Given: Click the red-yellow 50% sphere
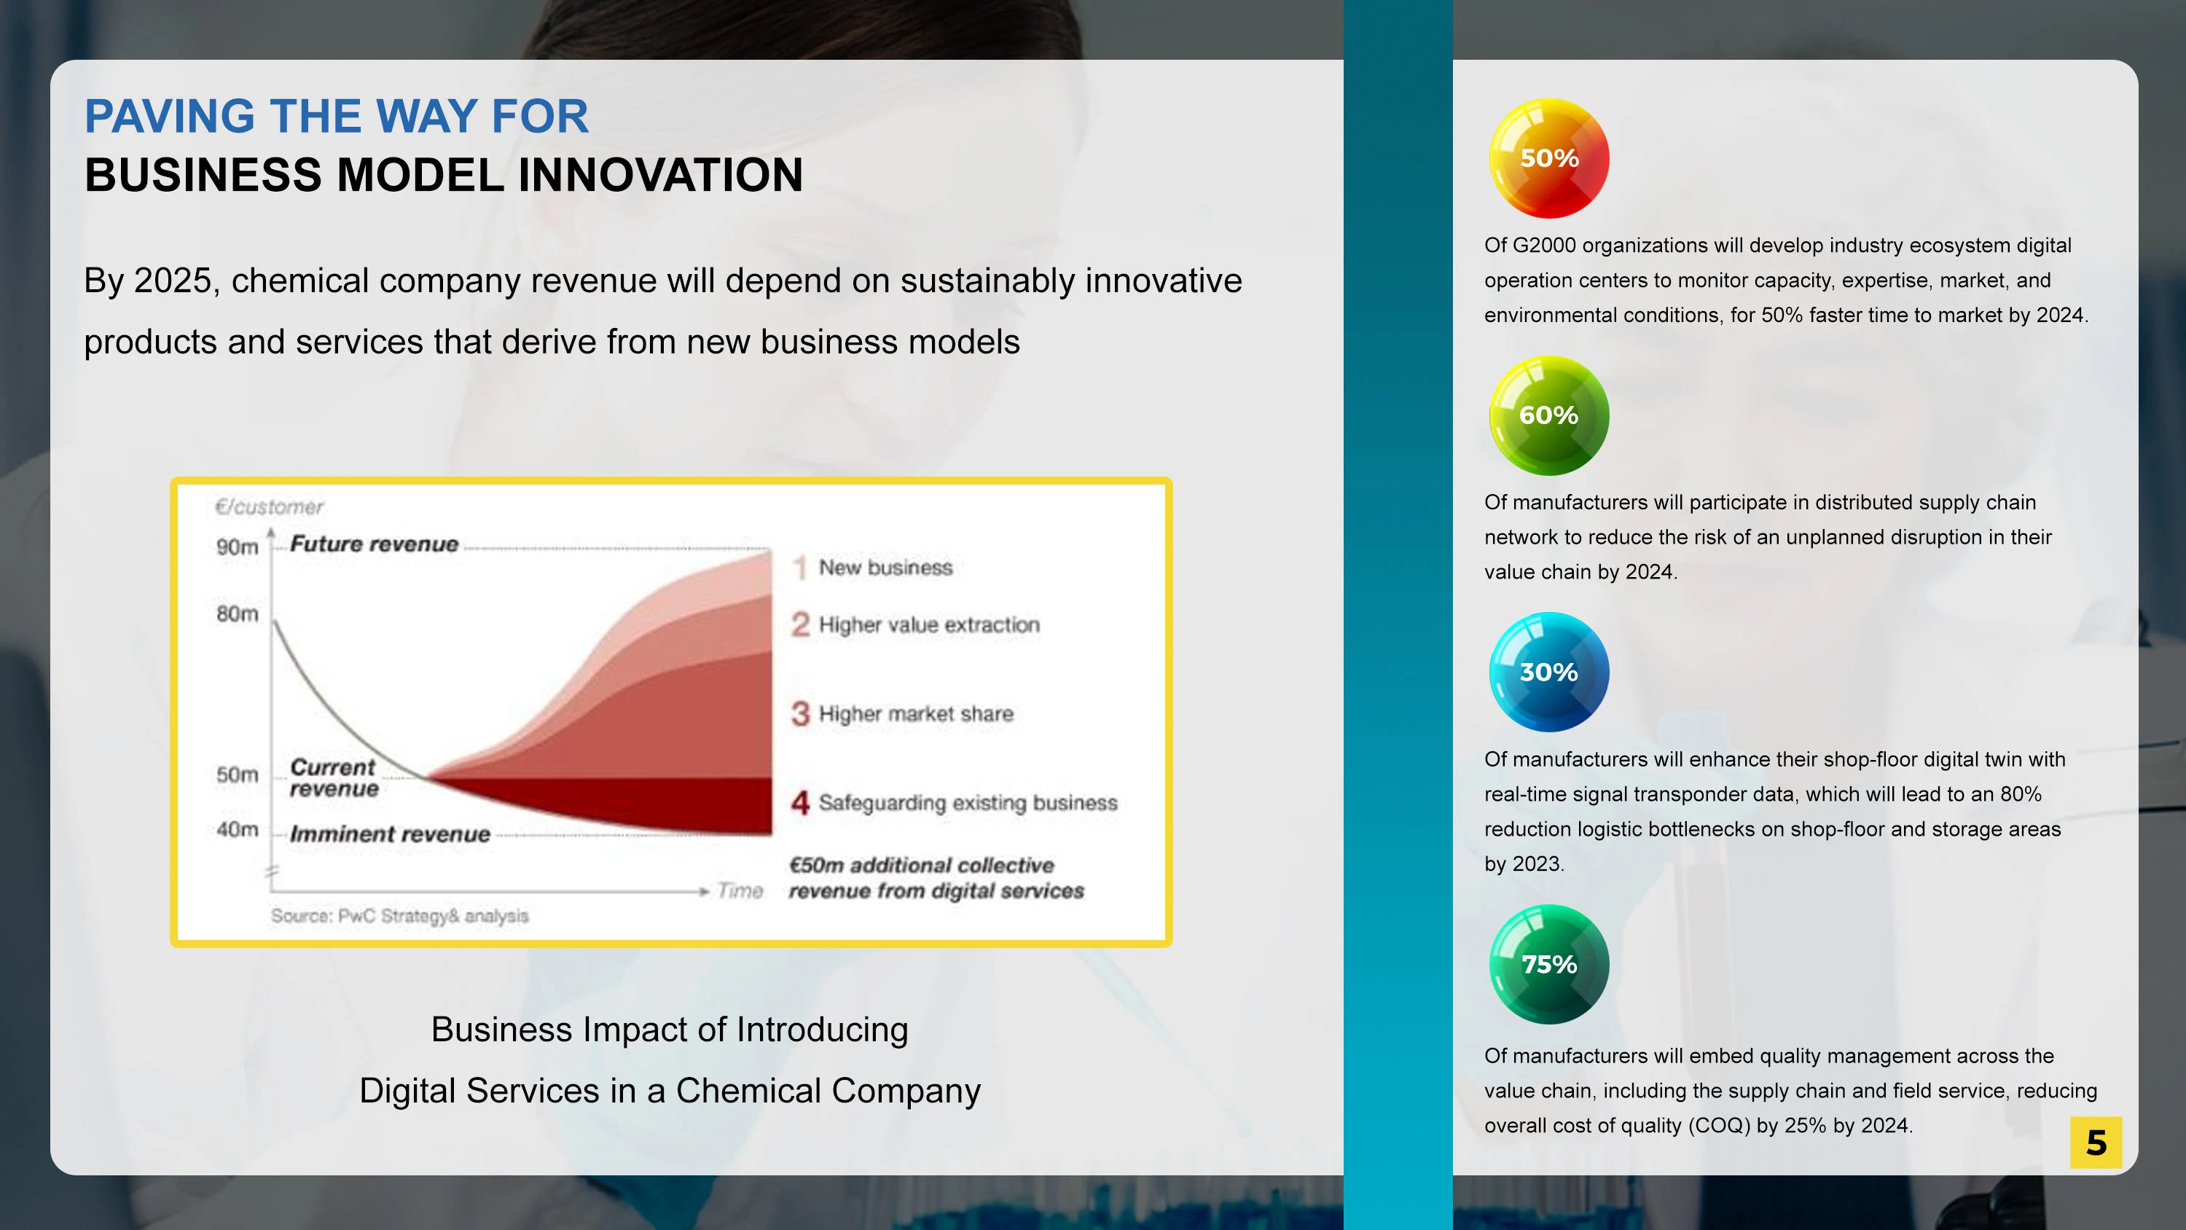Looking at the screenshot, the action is pos(1548,158).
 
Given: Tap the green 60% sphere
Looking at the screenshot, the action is pos(1548,415).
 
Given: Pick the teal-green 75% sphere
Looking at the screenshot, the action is pos(1548,964).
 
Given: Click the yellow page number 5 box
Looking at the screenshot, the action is pos(2095,1143).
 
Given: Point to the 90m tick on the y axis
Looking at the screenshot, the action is pos(237,547).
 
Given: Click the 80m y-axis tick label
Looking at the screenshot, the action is pos(237,614).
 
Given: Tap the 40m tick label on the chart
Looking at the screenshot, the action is pos(237,829).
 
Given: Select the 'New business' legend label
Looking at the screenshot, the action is pos(885,567).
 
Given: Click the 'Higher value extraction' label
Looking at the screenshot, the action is pos(928,624).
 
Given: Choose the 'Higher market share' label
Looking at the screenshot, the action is pos(916,714).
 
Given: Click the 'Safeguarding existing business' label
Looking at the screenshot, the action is pos(968,803).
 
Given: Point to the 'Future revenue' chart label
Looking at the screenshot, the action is pos(375,544).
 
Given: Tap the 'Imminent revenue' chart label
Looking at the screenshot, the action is pos(391,834).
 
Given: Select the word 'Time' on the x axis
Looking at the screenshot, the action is pos(740,890).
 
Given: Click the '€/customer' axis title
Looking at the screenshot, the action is pos(269,506).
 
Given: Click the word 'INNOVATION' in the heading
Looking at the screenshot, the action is pos(660,175).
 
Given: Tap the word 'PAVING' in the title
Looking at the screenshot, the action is pos(170,117).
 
